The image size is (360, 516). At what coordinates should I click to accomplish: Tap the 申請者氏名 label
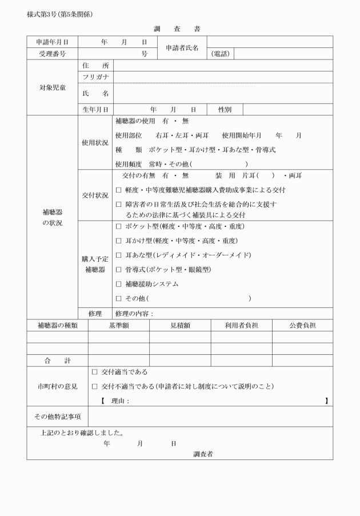182,48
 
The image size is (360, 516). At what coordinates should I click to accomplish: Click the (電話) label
221,54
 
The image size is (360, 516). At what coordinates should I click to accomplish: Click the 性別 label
225,109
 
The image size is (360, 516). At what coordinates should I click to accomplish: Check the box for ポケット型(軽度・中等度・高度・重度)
118,226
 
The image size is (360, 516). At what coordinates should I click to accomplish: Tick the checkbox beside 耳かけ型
118,241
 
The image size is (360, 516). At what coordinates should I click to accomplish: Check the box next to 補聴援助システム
118,284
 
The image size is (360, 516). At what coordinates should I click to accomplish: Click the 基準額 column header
119,326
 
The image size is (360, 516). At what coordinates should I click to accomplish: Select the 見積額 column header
180,326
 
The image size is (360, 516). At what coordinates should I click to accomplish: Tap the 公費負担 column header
302,326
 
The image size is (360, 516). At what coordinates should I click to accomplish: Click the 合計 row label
57,361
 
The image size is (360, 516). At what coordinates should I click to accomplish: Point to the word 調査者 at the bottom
203,454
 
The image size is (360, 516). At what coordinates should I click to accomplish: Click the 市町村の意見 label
57,386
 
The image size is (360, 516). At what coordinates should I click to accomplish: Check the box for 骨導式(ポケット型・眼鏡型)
118,269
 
